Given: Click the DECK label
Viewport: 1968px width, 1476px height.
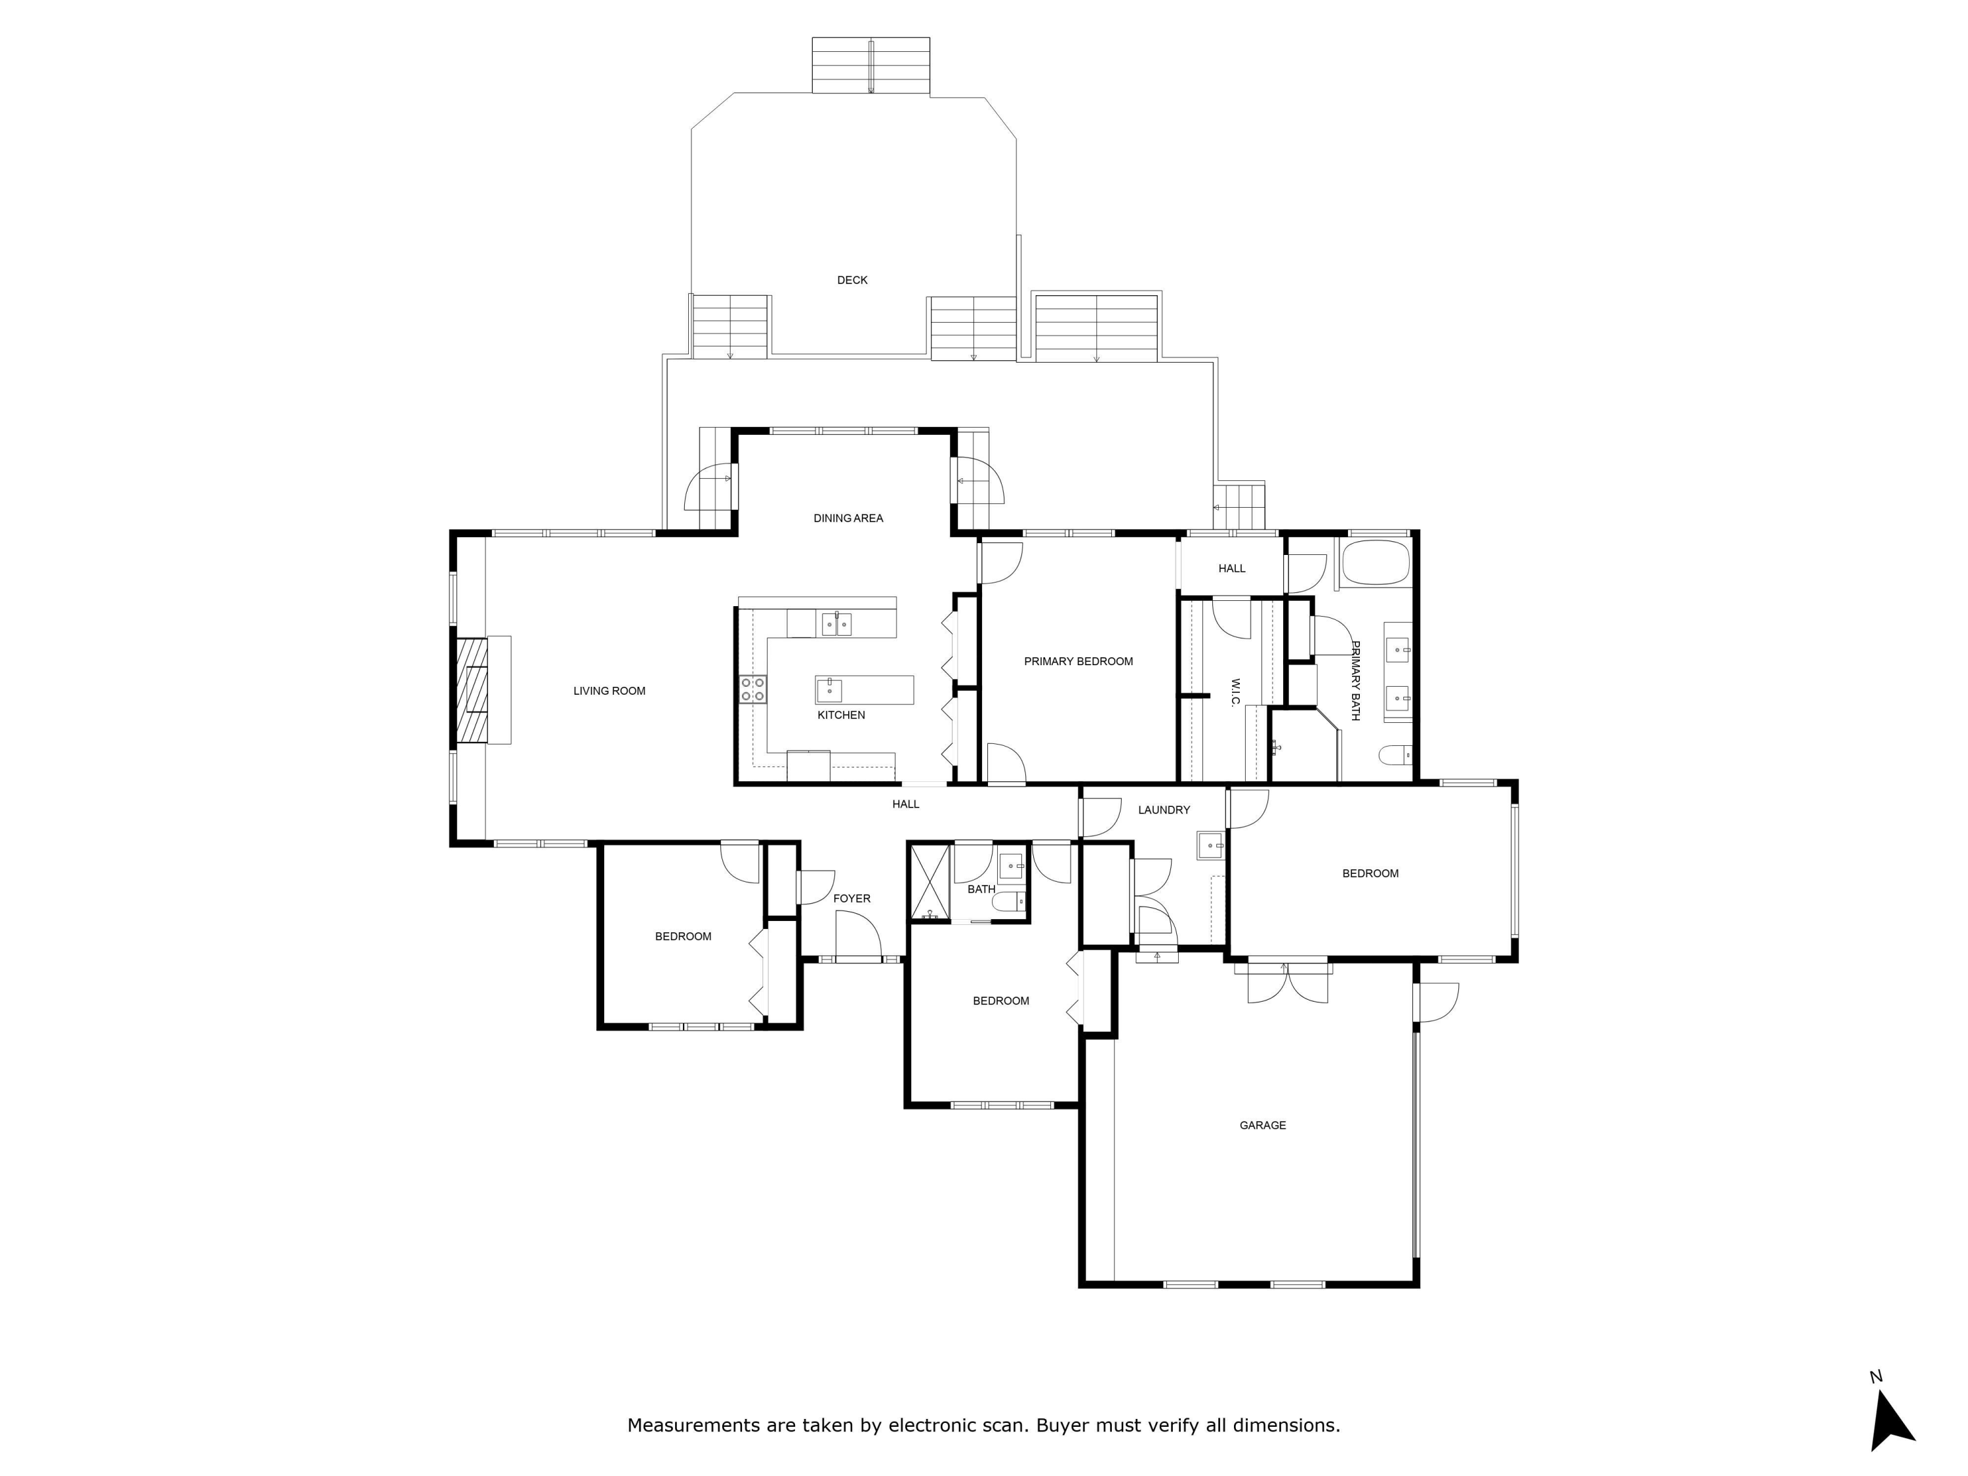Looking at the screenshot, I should click(851, 280).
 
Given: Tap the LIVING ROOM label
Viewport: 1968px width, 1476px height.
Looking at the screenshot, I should click(609, 691).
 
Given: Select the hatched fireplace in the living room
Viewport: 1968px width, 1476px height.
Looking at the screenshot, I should click(472, 690).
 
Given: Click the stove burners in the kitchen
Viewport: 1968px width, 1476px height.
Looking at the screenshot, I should click(752, 689).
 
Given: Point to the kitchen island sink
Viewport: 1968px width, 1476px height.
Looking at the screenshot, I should click(829, 689).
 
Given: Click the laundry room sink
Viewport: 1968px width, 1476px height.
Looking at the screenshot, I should click(1210, 845).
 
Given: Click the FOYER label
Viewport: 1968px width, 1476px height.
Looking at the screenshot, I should click(851, 899).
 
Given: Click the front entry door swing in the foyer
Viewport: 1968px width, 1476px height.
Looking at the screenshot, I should click(857, 936).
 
